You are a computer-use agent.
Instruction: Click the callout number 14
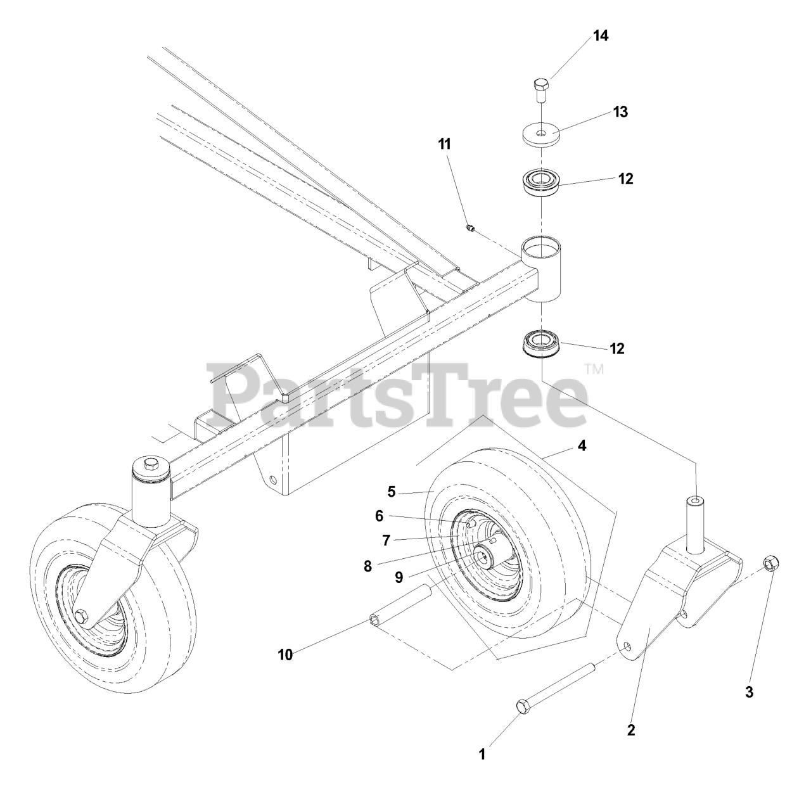600,35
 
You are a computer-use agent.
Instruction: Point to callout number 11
444,144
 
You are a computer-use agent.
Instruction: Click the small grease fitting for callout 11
470,227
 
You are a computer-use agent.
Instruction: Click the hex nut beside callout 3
771,562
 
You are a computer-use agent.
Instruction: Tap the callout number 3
749,693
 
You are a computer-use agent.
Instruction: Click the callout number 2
631,730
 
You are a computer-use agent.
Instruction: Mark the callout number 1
482,754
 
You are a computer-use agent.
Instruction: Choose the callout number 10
286,655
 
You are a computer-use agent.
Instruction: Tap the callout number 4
582,446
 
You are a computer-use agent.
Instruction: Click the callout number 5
391,491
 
